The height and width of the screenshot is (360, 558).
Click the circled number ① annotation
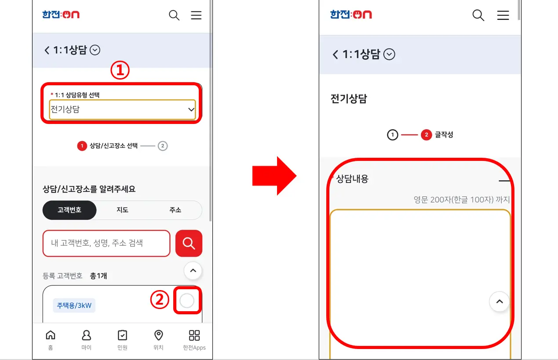click(x=120, y=70)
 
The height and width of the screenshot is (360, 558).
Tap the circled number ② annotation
click(x=160, y=300)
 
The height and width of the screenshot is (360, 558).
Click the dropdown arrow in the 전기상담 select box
click(x=191, y=109)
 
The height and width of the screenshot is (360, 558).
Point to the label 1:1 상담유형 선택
click(x=77, y=95)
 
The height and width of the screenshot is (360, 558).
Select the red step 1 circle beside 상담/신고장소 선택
click(x=82, y=146)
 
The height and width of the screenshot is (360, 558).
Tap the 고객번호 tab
click(x=69, y=210)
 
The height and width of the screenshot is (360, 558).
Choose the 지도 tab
click(x=122, y=210)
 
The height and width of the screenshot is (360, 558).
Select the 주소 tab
click(x=175, y=210)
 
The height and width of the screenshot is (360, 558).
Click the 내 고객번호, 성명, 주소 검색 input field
click(x=106, y=243)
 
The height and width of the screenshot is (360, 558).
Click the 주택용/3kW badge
click(x=74, y=305)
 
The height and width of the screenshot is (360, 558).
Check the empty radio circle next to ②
click(x=187, y=301)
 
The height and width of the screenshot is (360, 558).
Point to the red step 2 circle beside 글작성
click(x=426, y=135)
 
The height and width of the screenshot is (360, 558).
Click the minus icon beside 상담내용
click(x=504, y=181)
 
